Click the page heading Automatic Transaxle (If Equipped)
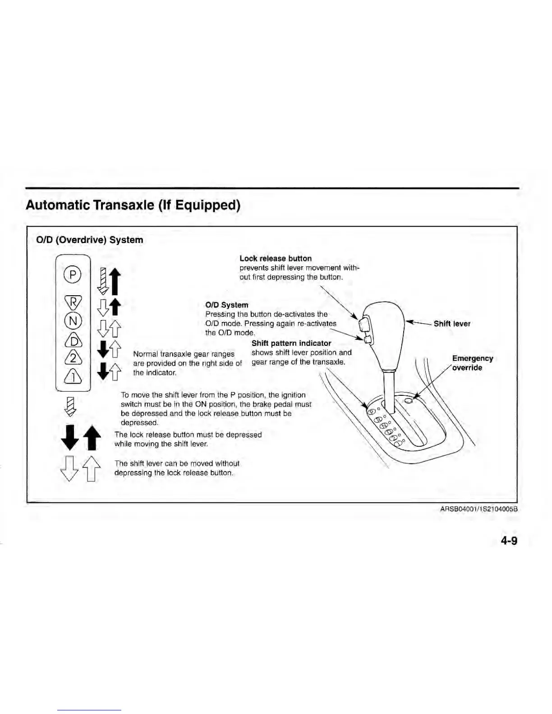pos(133,205)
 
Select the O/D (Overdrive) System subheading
pos(89,240)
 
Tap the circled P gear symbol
pos(73,274)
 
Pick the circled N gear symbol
pos(73,321)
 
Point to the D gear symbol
pos(73,339)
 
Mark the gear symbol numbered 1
pos(73,376)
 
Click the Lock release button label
pos(275,258)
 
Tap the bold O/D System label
pos(226,305)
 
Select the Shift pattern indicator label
pos(291,343)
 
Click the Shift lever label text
pos(452,324)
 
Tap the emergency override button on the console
pos(409,401)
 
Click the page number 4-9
pos(508,540)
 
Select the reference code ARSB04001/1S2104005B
pos(478,509)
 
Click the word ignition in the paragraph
pos(293,395)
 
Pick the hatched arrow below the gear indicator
pos(70,406)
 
